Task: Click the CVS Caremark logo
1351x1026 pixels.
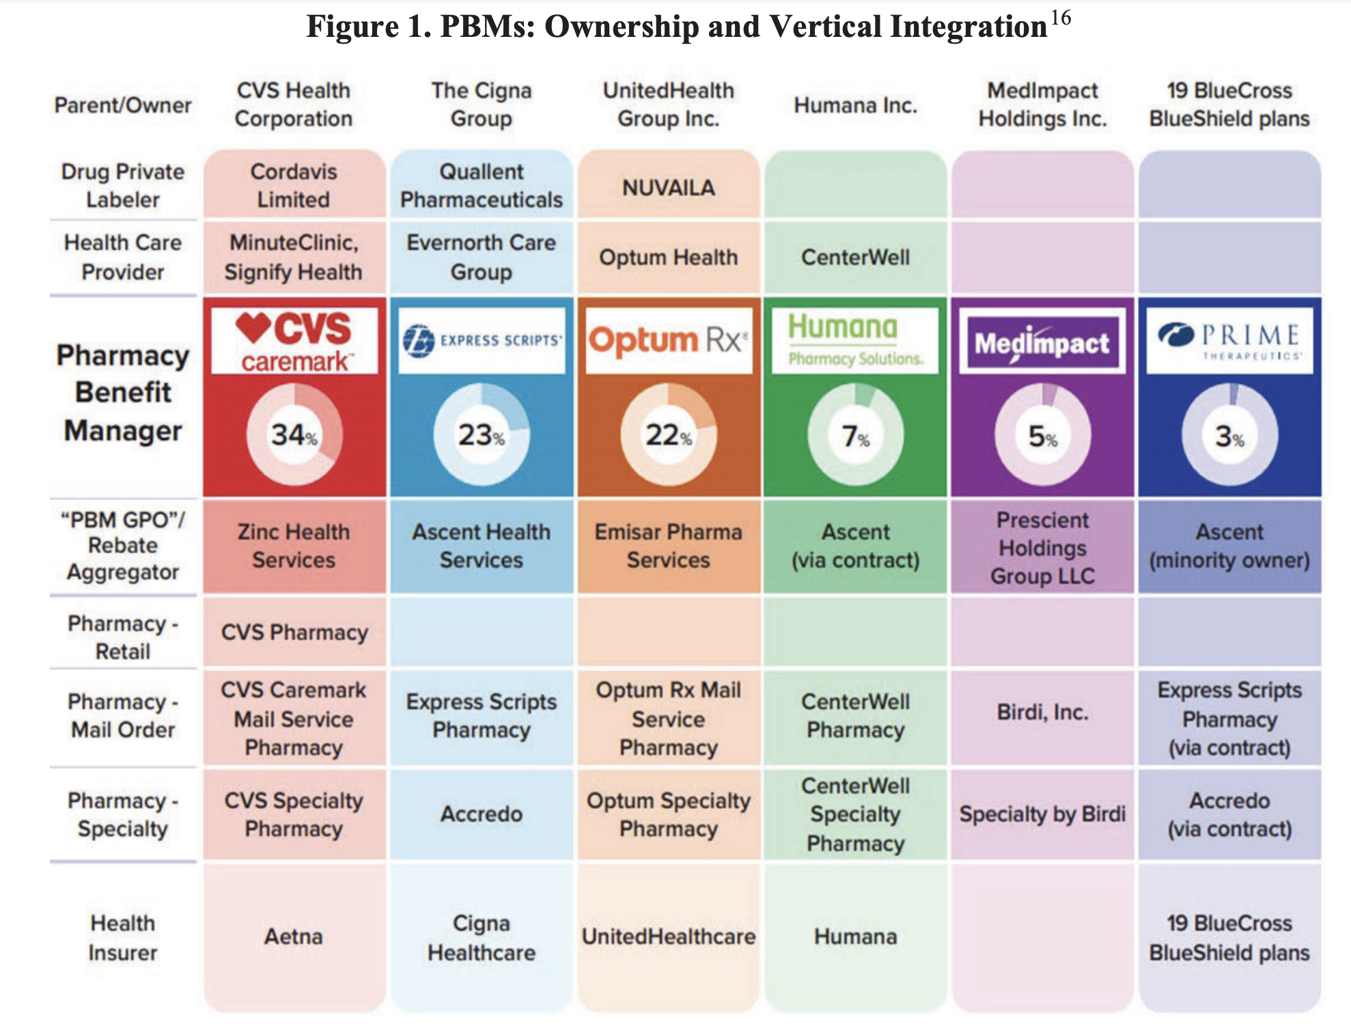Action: pos(294,341)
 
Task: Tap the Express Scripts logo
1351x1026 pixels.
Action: pos(482,340)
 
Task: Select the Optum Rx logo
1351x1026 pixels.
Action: pos(669,340)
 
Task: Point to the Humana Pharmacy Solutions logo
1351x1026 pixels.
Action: pos(855,340)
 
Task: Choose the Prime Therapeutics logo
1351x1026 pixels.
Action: pos(1229,340)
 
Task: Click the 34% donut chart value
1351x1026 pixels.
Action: pos(294,435)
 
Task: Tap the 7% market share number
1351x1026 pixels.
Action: pos(855,436)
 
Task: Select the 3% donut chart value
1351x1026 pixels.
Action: pos(1229,436)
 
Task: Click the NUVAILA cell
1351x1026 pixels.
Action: pos(669,187)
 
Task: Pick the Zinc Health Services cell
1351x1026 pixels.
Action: pos(294,546)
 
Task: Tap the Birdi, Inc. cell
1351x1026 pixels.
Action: pos(1042,712)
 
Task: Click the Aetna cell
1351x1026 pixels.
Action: pos(294,936)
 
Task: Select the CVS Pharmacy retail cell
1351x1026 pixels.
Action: pos(294,633)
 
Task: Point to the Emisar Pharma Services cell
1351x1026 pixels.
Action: pos(669,546)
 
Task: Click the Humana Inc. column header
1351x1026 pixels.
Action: pos(855,105)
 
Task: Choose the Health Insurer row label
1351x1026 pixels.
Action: pos(123,937)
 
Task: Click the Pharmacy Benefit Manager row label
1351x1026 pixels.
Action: pos(123,393)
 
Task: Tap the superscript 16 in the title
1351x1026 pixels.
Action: pos(1061,18)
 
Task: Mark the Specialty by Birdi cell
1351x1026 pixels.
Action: pos(1042,814)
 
